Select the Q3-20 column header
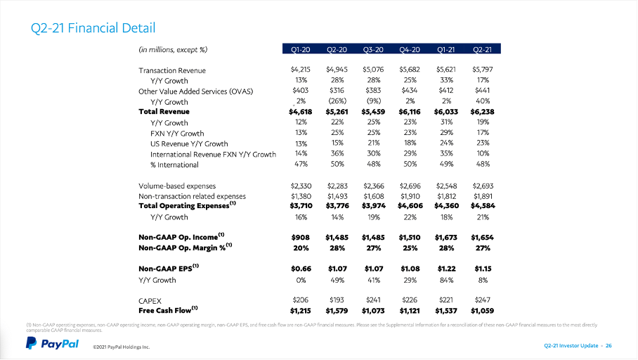pos(373,49)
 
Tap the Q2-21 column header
pos(482,49)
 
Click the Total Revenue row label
pos(164,111)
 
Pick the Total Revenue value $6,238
pos(482,111)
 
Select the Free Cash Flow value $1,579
pos(337,309)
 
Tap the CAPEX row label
pos(151,299)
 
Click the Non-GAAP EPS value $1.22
pos(446,268)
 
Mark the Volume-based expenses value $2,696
pos(410,186)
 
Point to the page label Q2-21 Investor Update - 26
pos(578,345)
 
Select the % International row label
pos(174,165)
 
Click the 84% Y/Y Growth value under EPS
pos(446,280)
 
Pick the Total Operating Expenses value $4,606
pos(410,206)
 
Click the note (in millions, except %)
pos(173,49)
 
